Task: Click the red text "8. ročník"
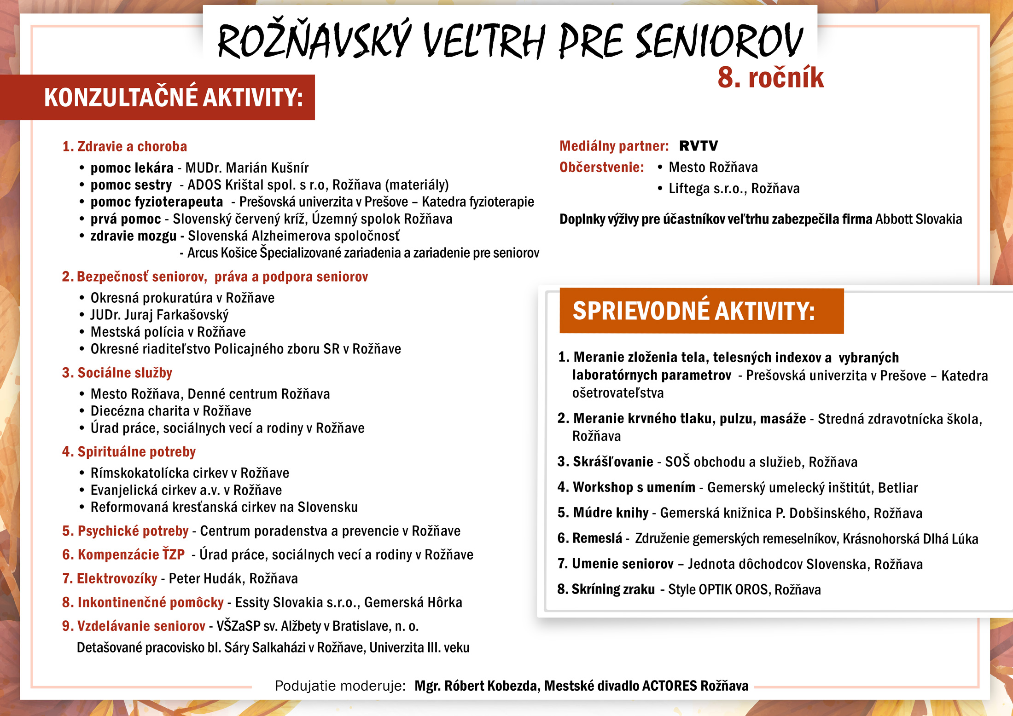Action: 770,78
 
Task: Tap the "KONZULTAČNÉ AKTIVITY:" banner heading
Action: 174,98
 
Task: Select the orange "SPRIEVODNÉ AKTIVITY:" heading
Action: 693,311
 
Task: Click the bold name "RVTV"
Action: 698,146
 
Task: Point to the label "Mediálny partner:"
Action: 614,146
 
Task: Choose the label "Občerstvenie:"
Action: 601,167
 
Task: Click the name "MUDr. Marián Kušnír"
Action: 247,168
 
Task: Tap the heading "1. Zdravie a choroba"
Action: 125,146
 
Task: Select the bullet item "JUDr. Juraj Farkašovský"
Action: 159,315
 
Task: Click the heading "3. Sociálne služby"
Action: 117,373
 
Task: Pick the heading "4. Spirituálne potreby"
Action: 129,452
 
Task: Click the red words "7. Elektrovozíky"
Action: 110,578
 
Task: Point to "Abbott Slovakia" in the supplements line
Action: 918,219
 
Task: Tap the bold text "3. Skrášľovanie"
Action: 605,462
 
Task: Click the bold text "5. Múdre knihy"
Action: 603,513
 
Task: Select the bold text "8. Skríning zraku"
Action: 606,589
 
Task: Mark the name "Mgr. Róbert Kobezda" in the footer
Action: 476,686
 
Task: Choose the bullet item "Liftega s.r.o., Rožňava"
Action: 734,189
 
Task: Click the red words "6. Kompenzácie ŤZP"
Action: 123,554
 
